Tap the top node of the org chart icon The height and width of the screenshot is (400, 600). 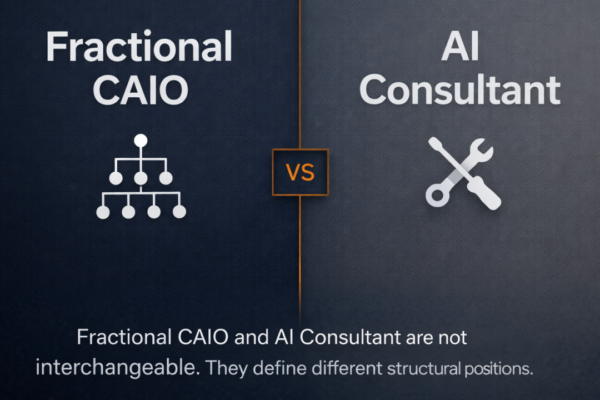[141, 141]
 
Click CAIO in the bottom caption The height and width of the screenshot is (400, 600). [193, 337]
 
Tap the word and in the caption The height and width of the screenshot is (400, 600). [243, 337]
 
